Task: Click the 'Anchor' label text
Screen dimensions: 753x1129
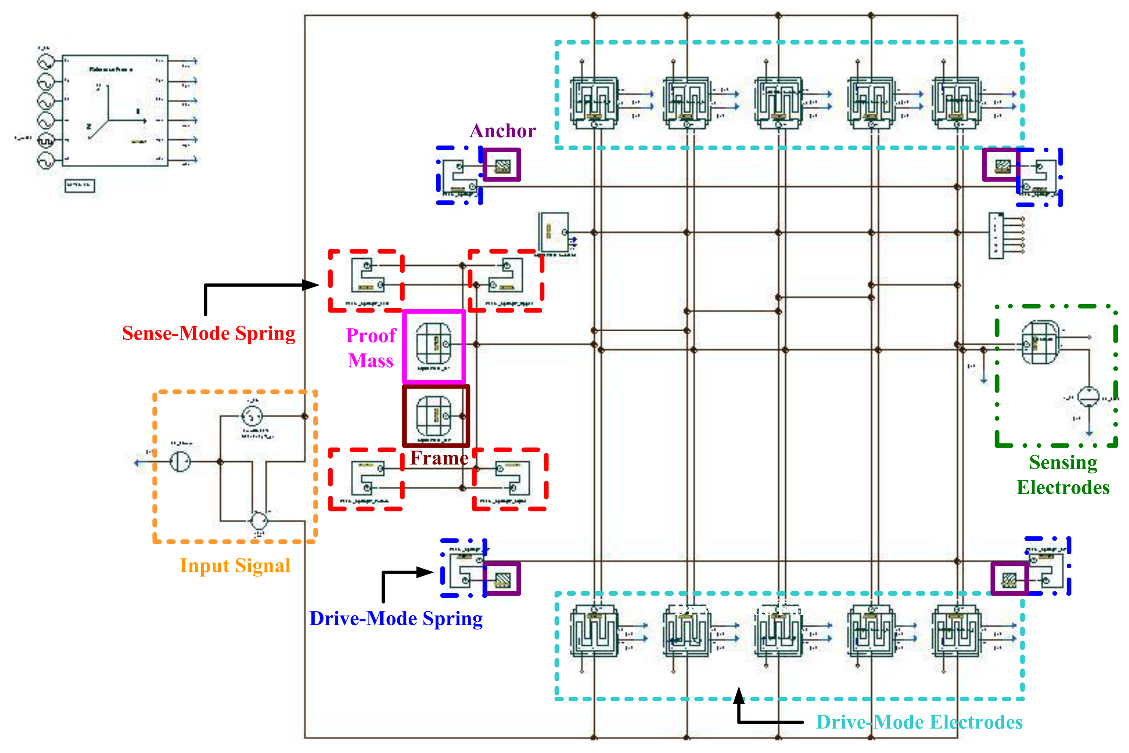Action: (502, 131)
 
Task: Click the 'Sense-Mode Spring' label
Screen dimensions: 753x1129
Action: (209, 333)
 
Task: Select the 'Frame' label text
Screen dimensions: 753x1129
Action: (439, 458)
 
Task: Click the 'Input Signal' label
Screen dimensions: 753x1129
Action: (235, 566)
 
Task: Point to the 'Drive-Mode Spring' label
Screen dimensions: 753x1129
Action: (396, 619)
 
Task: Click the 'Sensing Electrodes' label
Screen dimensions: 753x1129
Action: (1063, 475)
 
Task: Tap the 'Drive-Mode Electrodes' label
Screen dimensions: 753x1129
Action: (919, 722)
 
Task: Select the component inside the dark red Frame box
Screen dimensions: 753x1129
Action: (434, 416)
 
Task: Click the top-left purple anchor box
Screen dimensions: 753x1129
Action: (502, 165)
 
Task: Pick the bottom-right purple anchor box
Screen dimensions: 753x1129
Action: (1009, 578)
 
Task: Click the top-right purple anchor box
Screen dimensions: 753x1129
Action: (1001, 165)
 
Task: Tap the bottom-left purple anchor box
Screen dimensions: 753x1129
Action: (502, 579)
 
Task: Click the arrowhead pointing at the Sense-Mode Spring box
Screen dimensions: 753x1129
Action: (311, 285)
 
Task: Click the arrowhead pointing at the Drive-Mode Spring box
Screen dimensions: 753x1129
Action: (425, 572)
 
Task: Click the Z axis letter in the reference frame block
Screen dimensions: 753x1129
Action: (88, 127)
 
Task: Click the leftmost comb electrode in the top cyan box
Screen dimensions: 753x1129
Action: (594, 102)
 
